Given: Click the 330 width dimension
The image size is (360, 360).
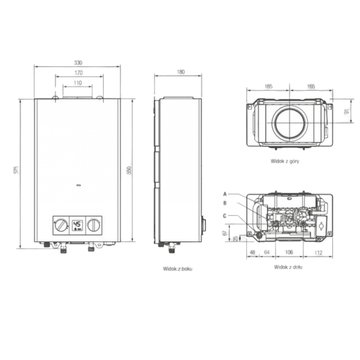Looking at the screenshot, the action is [x=78, y=63].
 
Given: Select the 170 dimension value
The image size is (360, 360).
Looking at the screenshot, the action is [x=78, y=73].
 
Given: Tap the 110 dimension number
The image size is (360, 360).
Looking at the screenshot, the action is [x=78, y=83].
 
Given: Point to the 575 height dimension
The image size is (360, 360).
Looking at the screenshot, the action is [x=16, y=170].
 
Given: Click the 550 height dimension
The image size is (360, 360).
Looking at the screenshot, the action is [x=129, y=170].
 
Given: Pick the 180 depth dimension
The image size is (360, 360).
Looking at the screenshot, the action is [x=181, y=72].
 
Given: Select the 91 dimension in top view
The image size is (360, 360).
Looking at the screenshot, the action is [x=347, y=111].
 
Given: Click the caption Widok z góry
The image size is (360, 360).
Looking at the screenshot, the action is [x=285, y=161].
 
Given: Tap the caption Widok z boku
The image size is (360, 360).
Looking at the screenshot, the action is [x=177, y=269].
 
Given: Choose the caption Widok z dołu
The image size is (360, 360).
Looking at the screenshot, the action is [x=288, y=267].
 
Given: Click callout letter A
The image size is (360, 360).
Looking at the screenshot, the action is [x=225, y=194].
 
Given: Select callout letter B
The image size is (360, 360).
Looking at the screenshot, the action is [x=225, y=203].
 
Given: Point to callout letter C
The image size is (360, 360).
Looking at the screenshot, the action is [x=225, y=216].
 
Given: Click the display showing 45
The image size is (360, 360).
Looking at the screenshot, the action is [x=77, y=225].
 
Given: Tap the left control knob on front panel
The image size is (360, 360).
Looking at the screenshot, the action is [x=61, y=225].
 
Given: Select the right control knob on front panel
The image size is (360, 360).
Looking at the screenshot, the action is [x=94, y=225].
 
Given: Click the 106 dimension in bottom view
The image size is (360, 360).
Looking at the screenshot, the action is [x=289, y=252].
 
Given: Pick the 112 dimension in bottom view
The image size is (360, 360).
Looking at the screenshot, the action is [x=319, y=252].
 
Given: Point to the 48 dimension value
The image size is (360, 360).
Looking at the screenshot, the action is [x=252, y=252].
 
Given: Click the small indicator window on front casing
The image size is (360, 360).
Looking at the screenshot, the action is [x=78, y=185].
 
